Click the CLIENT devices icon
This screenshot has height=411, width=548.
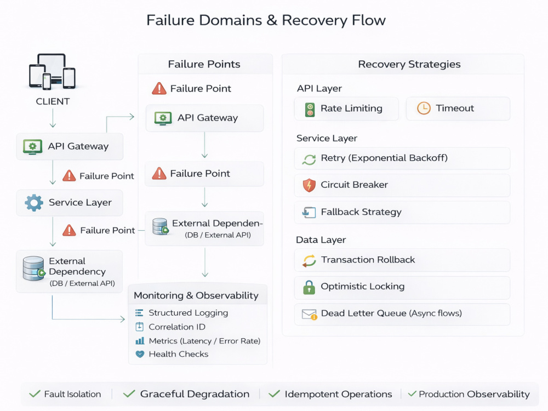pyautogui.click(x=52, y=71)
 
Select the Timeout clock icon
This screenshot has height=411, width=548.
pyautogui.click(x=424, y=109)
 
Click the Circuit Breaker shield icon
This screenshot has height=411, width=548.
pyautogui.click(x=309, y=185)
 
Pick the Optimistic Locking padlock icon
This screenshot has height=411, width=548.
pyautogui.click(x=309, y=287)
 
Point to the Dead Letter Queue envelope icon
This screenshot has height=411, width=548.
pyautogui.click(x=309, y=315)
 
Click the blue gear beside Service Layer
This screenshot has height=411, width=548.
pyautogui.click(x=34, y=203)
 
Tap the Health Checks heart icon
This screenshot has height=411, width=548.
pyautogui.click(x=140, y=354)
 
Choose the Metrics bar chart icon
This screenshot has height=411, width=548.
pyautogui.click(x=140, y=340)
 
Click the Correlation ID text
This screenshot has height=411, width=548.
pyautogui.click(x=177, y=327)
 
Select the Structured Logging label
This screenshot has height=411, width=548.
pyautogui.click(x=189, y=313)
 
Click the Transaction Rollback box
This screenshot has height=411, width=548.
pyautogui.click(x=402, y=260)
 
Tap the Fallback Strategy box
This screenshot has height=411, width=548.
pyautogui.click(x=402, y=213)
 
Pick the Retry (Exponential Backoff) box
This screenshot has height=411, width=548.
pyautogui.click(x=402, y=158)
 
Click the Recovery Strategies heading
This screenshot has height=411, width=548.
pyautogui.click(x=409, y=64)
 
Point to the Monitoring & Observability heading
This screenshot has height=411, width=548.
pyautogui.click(x=196, y=296)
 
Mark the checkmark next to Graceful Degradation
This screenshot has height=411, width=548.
pyautogui.click(x=129, y=394)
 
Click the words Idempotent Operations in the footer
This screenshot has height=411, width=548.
pyautogui.click(x=338, y=394)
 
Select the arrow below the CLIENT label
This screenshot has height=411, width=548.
pyautogui.click(x=53, y=118)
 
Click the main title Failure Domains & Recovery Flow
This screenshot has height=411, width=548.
pyautogui.click(x=266, y=20)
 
